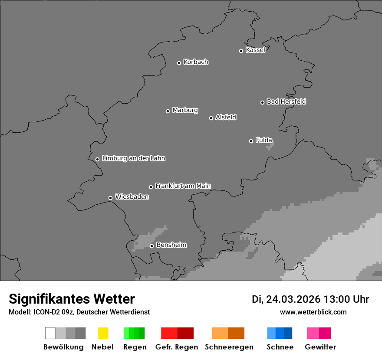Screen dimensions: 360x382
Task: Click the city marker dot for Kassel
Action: click(241, 51)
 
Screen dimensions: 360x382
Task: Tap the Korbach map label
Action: click(196, 62)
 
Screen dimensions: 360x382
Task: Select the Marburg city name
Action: click(185, 110)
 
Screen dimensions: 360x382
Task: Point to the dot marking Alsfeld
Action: click(211, 118)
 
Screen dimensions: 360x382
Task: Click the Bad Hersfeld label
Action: click(286, 101)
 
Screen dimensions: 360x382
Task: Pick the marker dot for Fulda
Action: click(251, 141)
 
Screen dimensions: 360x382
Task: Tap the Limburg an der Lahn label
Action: click(134, 158)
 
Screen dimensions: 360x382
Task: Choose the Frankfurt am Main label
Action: click(183, 186)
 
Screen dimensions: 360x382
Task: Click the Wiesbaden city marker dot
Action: click(110, 198)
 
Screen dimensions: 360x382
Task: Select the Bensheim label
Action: click(171, 245)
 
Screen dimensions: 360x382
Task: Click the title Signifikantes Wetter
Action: click(72, 299)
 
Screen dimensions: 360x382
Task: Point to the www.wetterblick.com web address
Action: click(313, 312)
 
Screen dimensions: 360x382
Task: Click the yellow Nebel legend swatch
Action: click(103, 333)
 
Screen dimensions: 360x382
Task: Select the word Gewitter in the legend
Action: click(320, 347)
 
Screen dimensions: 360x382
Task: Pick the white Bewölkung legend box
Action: click(50, 333)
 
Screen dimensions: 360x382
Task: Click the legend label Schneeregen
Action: click(229, 347)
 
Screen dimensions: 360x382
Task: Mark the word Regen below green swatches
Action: click(135, 347)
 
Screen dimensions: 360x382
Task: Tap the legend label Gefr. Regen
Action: click(177, 347)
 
